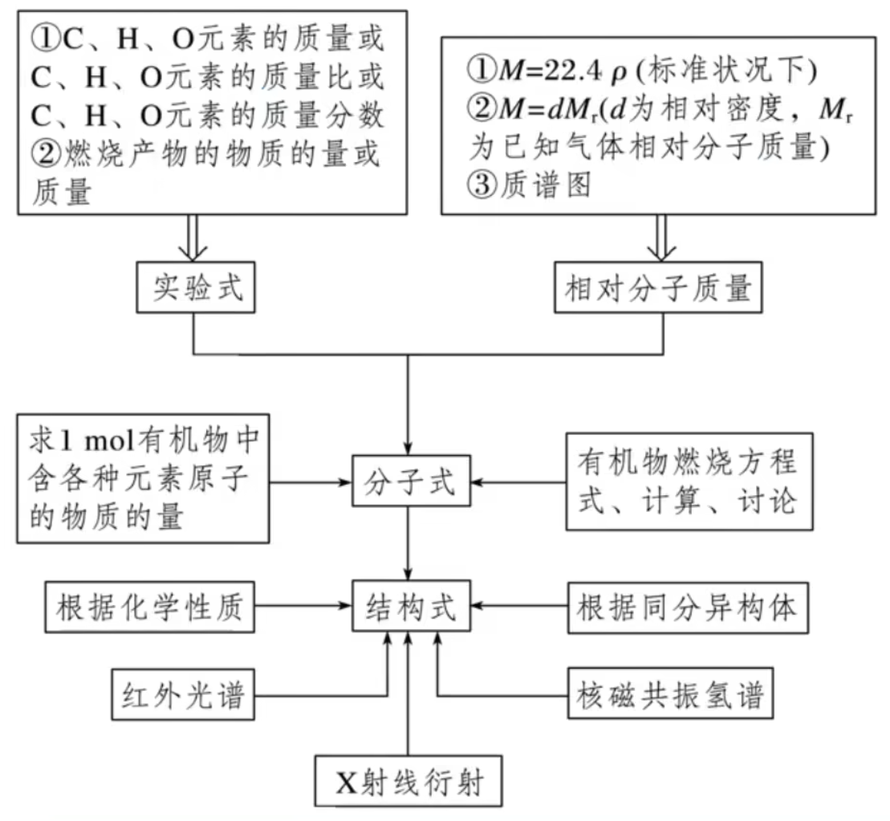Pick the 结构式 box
pyautogui.click(x=409, y=608)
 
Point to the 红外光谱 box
pyautogui.click(x=185, y=693)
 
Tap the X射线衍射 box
pyautogui.click(x=409, y=781)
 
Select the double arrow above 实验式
pyautogui.click(x=195, y=239)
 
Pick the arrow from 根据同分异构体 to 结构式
pyautogui.click(x=521, y=608)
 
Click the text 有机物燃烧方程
pyautogui.click(x=687, y=464)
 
